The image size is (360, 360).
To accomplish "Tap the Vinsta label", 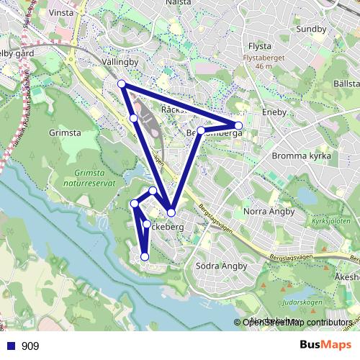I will click(63, 13).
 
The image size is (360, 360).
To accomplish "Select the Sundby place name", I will click(311, 29).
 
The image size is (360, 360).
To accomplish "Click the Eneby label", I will click(274, 112).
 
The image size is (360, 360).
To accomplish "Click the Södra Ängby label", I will click(222, 266).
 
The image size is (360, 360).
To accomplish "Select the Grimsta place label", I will click(64, 133).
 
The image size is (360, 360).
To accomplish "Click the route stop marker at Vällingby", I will click(122, 84).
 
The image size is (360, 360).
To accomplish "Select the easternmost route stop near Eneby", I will click(238, 126).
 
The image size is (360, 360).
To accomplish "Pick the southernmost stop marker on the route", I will click(145, 256).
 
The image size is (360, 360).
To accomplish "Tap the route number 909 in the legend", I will click(30, 346).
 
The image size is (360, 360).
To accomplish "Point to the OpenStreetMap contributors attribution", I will click(297, 323).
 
